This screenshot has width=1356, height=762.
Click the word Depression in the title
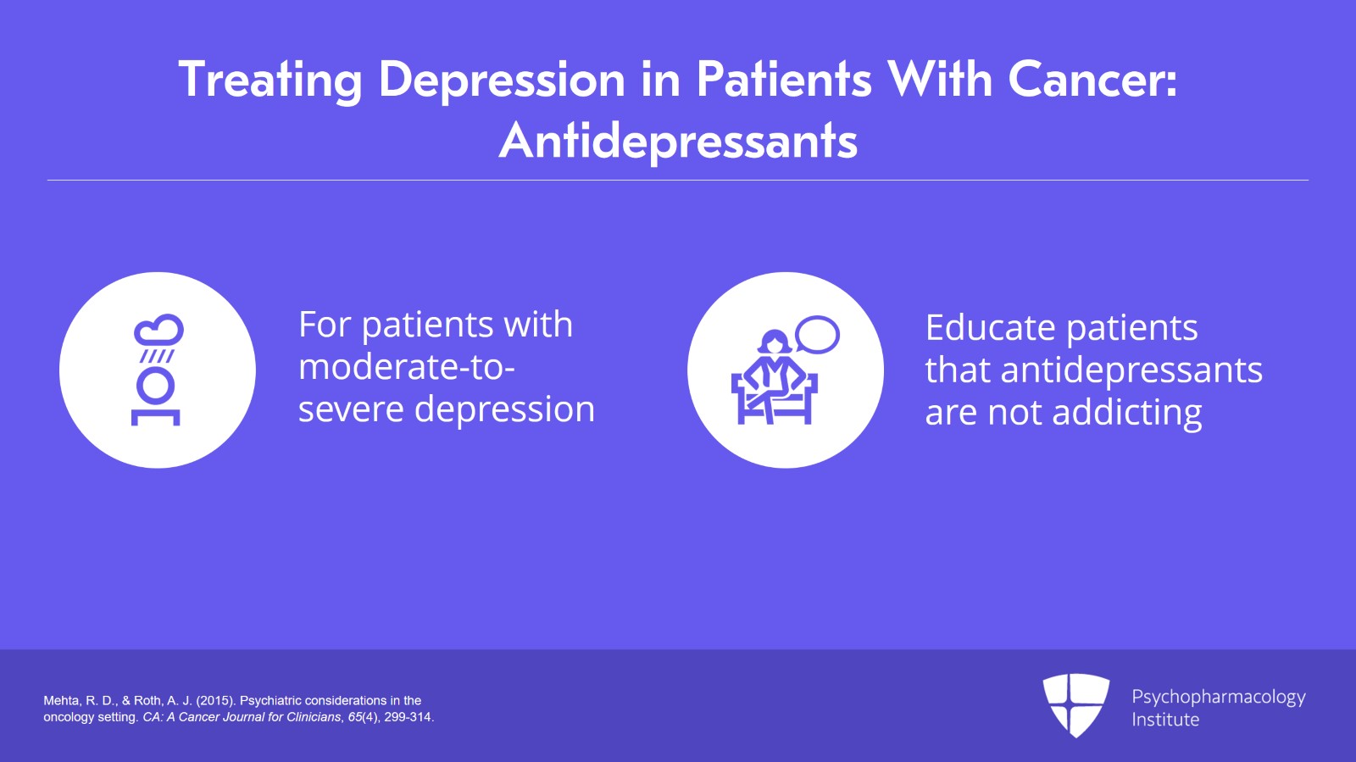pyautogui.click(x=501, y=81)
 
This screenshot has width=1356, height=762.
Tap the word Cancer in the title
pyautogui.click(x=1092, y=81)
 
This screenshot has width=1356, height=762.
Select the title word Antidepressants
pyautogui.click(x=678, y=141)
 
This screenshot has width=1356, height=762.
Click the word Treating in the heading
pyautogui.click(x=270, y=81)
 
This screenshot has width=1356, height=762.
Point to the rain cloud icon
pyautogui.click(x=158, y=331)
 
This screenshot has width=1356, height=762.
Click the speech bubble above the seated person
pyautogui.click(x=818, y=334)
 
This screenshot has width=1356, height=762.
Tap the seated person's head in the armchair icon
pyautogui.click(x=773, y=342)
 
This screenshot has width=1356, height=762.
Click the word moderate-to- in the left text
pyautogui.click(x=407, y=367)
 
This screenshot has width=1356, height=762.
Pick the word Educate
pyautogui.click(x=989, y=328)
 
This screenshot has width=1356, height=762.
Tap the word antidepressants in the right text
pyautogui.click(x=1131, y=370)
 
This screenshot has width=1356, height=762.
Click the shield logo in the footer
pyautogui.click(x=1076, y=704)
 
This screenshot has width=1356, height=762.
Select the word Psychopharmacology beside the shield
pyautogui.click(x=1218, y=697)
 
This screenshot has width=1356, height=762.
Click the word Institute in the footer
pyautogui.click(x=1165, y=720)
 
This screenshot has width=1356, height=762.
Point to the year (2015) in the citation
pyautogui.click(x=216, y=701)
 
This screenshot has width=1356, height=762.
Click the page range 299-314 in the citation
pyautogui.click(x=408, y=717)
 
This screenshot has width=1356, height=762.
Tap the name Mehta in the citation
pyautogui.click(x=61, y=701)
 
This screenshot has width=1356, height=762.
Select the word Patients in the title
pyautogui.click(x=784, y=81)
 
